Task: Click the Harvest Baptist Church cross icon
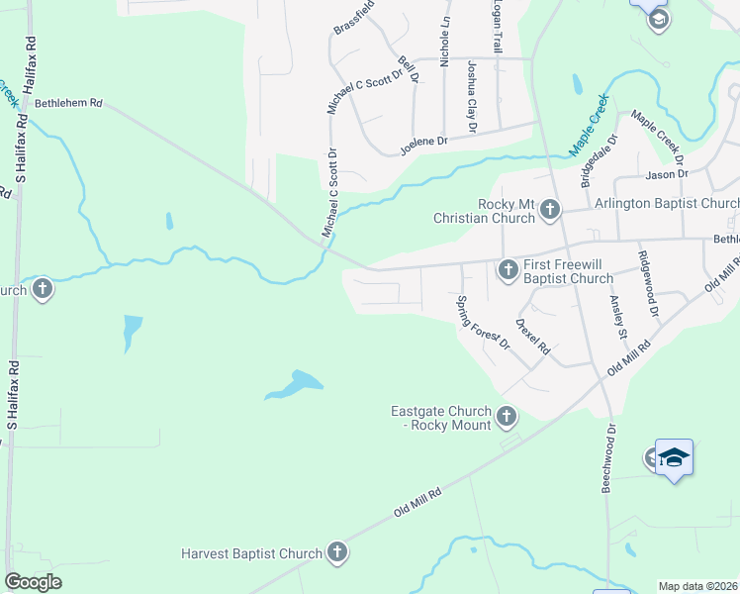(x=337, y=553)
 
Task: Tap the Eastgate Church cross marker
(x=507, y=417)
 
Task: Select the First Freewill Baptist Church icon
(x=508, y=269)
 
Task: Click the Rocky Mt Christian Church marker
(x=549, y=210)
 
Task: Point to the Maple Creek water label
(x=588, y=132)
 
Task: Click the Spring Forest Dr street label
(x=483, y=323)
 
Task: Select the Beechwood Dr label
(x=609, y=458)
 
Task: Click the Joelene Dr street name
(x=423, y=146)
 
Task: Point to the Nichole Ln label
(x=445, y=35)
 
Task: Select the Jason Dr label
(x=666, y=174)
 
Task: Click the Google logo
(x=33, y=581)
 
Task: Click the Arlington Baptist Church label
(x=666, y=204)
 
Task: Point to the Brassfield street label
(x=354, y=18)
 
